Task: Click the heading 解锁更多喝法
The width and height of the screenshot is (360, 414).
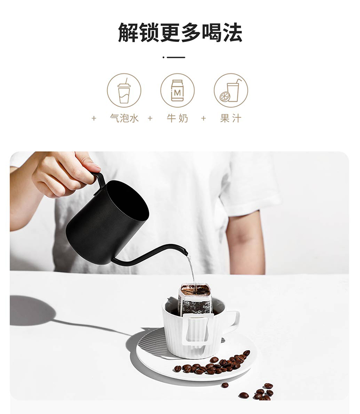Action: click(x=180, y=32)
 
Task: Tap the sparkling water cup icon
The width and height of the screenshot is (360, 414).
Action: click(x=124, y=91)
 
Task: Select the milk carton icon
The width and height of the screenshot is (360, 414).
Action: click(x=177, y=90)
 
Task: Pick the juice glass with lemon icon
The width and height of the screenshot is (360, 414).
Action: click(x=231, y=90)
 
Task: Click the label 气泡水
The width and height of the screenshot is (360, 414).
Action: click(x=124, y=118)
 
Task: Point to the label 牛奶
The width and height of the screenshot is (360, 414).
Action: click(x=177, y=118)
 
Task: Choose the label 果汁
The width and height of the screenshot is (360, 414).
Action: click(x=231, y=118)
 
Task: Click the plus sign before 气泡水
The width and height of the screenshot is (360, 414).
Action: click(x=94, y=118)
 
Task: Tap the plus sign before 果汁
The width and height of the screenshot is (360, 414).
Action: click(x=203, y=118)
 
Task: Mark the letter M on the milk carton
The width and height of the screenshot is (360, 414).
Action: click(x=177, y=93)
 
